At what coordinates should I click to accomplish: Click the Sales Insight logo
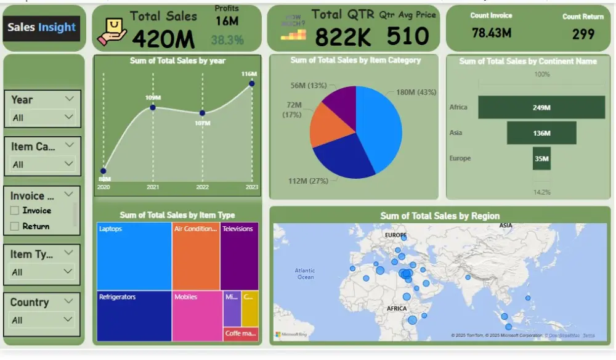pyautogui.click(x=41, y=28)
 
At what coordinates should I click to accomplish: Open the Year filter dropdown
pyautogui.click(x=43, y=117)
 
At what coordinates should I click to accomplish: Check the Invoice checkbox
pyautogui.click(x=15, y=211)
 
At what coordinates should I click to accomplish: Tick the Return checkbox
pyautogui.click(x=15, y=227)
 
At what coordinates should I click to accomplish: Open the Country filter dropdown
pyautogui.click(x=43, y=320)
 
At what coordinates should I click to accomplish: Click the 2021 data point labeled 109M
pyautogui.click(x=153, y=108)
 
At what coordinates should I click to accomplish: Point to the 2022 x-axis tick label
pyautogui.click(x=202, y=187)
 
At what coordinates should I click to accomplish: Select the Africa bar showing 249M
pyautogui.click(x=541, y=107)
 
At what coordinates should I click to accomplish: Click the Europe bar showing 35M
pyautogui.click(x=541, y=158)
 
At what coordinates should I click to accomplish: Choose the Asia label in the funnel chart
pyautogui.click(x=456, y=133)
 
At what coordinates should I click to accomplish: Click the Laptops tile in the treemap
pyautogui.click(x=134, y=256)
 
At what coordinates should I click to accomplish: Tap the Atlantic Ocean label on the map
pyautogui.click(x=304, y=274)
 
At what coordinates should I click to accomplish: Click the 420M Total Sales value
pyautogui.click(x=163, y=39)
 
